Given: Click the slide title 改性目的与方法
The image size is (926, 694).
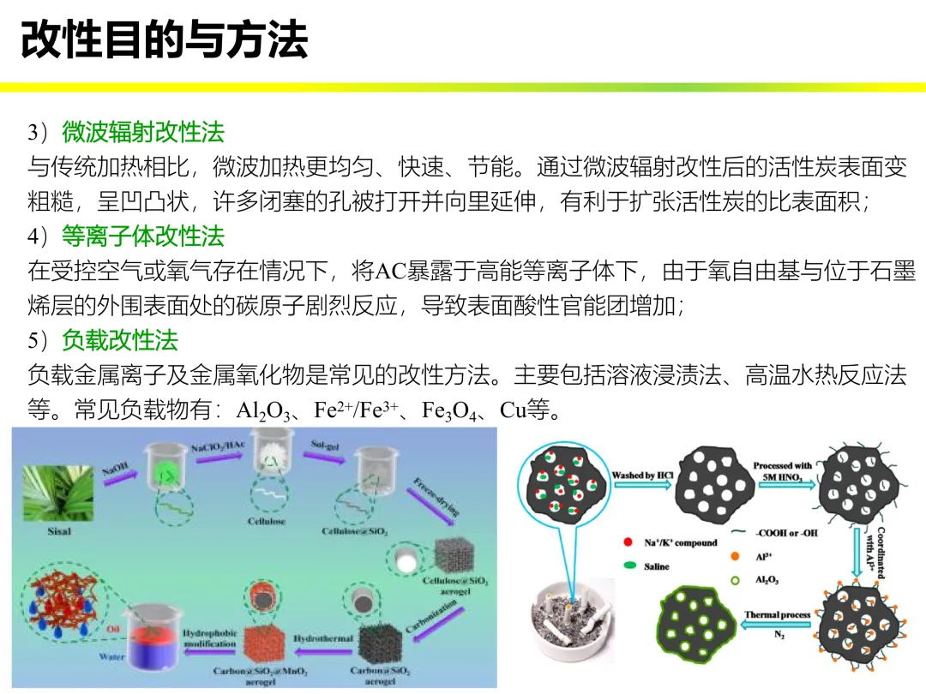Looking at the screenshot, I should [x=164, y=40].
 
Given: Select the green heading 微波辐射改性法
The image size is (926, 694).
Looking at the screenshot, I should [x=142, y=132].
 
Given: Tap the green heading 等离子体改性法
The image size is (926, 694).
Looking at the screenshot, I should [x=142, y=236].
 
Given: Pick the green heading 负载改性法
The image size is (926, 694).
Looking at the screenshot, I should [x=119, y=340].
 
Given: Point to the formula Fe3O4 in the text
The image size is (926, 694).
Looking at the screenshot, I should [x=447, y=410].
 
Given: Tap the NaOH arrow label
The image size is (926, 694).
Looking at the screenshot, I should [x=115, y=470].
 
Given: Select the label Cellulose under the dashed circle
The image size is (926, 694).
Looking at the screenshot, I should [x=267, y=521].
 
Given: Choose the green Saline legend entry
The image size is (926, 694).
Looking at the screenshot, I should [x=657, y=566].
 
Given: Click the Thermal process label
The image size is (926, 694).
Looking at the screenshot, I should [x=777, y=615].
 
